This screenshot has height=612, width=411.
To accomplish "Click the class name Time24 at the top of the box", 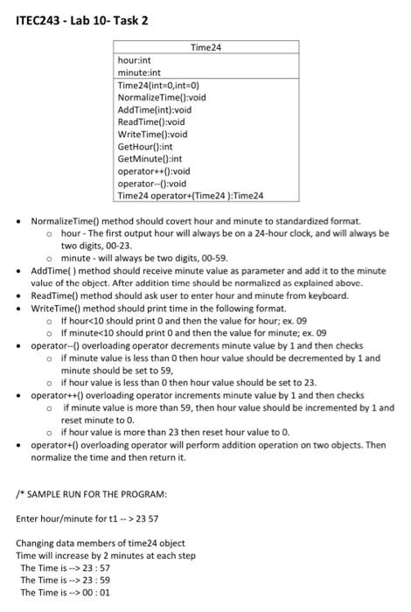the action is click(205, 47).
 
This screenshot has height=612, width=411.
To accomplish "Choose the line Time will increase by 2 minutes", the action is click(106, 555).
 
